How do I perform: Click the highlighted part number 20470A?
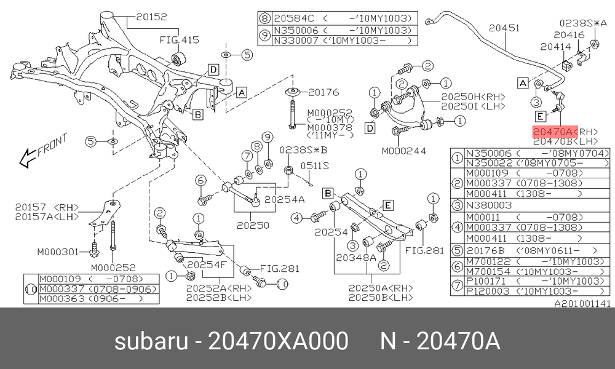555,132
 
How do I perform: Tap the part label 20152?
151,17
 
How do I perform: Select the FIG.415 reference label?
179,39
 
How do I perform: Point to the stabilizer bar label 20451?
504,28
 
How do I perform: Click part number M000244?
404,151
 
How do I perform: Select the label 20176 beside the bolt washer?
323,92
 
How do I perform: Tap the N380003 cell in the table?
489,205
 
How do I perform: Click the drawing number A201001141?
582,304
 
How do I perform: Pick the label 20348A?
355,257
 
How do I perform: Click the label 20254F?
207,264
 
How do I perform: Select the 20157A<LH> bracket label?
47,216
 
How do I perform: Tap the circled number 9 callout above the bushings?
267,137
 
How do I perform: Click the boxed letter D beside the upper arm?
370,128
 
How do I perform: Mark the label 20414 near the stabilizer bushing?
556,47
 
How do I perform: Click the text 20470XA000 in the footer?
278,340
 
